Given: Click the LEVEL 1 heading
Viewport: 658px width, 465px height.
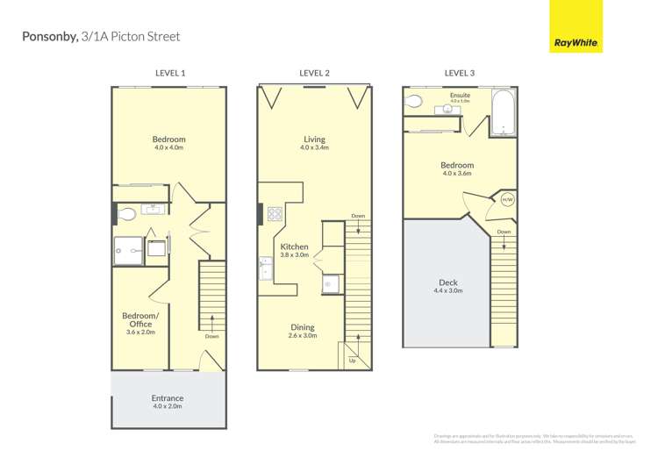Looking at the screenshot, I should pyautogui.click(x=169, y=73).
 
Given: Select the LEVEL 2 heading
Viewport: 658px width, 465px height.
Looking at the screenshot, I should pyautogui.click(x=314, y=73).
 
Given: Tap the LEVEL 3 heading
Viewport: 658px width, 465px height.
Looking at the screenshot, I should pyautogui.click(x=459, y=73).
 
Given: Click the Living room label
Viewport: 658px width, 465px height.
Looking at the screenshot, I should pyautogui.click(x=314, y=139).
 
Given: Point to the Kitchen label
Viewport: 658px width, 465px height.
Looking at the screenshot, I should pyautogui.click(x=294, y=247).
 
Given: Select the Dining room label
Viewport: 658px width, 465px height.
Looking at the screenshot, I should pyautogui.click(x=303, y=328).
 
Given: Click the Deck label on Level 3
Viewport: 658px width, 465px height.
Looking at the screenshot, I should pyautogui.click(x=447, y=283).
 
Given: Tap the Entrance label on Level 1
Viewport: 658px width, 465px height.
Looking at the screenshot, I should pyautogui.click(x=168, y=398).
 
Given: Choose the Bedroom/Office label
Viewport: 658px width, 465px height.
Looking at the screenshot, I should pyautogui.click(x=140, y=319).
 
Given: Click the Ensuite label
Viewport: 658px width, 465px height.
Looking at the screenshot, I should pyautogui.click(x=460, y=95).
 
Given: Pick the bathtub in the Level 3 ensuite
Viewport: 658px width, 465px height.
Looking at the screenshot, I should pyautogui.click(x=503, y=114).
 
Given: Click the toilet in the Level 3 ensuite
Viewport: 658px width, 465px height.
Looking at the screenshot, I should pyautogui.click(x=414, y=100).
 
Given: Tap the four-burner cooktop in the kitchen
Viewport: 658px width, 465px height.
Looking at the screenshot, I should pyautogui.click(x=275, y=213).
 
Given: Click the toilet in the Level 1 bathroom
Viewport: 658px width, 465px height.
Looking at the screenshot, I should pyautogui.click(x=126, y=213).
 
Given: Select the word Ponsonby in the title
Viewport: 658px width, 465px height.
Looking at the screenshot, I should pyautogui.click(x=48, y=37).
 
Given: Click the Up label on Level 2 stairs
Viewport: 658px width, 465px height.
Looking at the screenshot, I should pyautogui.click(x=353, y=361).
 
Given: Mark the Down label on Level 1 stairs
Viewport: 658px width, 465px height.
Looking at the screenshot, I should pyautogui.click(x=211, y=336).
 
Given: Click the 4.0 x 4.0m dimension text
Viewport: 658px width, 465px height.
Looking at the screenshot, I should pyautogui.click(x=168, y=148).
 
